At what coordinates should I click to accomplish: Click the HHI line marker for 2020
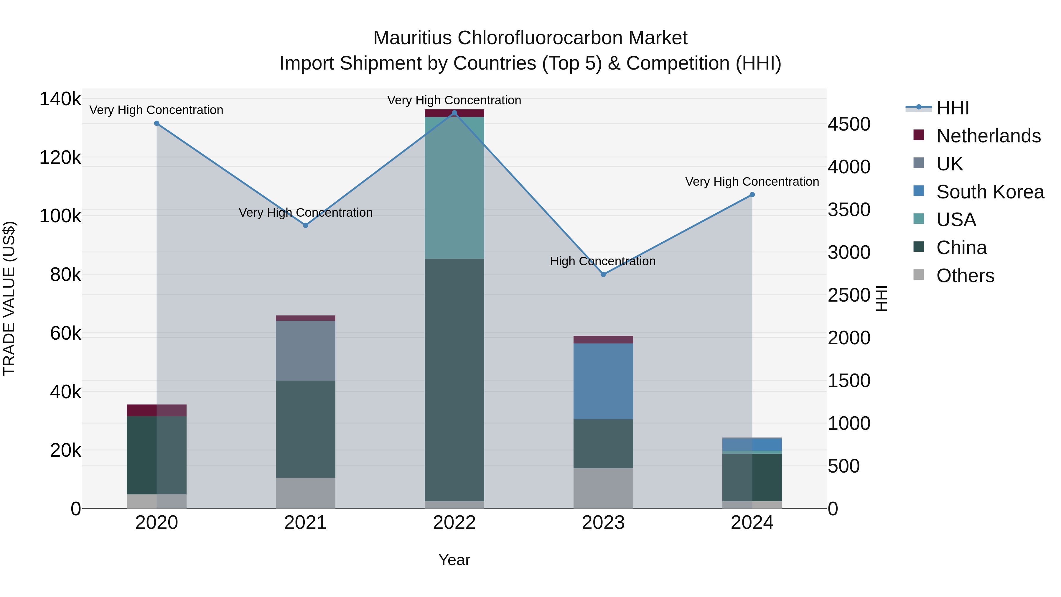coord(156,124)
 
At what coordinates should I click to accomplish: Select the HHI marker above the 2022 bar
coord(454,113)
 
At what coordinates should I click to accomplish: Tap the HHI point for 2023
coord(603,274)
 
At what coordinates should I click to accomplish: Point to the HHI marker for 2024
coord(752,195)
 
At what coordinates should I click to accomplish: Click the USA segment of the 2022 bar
coord(454,188)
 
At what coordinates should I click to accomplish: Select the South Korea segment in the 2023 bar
coord(603,381)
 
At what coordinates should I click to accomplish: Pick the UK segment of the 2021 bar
coord(306,350)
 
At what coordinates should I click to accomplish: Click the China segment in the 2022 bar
coord(454,380)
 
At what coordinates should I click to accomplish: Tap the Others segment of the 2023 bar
coord(603,488)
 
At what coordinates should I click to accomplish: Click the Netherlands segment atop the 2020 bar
coord(156,410)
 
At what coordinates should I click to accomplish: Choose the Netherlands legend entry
coord(988,136)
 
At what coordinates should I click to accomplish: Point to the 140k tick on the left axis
coord(60,99)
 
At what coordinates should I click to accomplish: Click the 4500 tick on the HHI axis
coord(849,124)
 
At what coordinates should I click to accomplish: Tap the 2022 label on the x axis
coord(454,523)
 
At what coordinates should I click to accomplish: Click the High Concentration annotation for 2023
coord(603,261)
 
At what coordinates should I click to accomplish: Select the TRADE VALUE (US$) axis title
coord(9,298)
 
